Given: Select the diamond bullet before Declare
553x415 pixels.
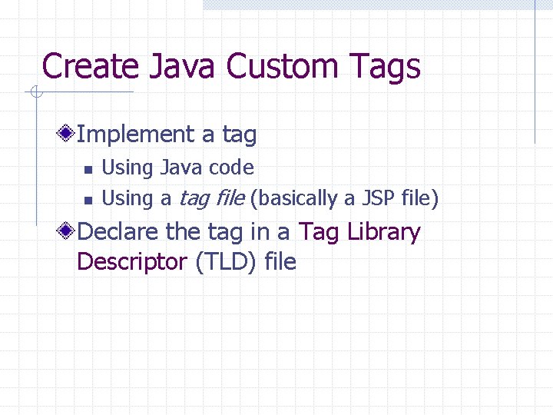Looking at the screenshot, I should tap(68, 231).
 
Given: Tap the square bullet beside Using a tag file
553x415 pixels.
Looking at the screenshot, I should tap(88, 200).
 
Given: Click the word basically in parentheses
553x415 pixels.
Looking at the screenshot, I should tap(294, 198).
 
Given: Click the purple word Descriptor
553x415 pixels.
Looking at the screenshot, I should tap(131, 261).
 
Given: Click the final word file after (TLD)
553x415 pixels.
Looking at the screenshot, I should tap(280, 261).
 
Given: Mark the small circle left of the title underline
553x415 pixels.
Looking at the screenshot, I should tap(35, 94).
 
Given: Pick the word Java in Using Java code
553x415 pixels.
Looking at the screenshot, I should tap(178, 168).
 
